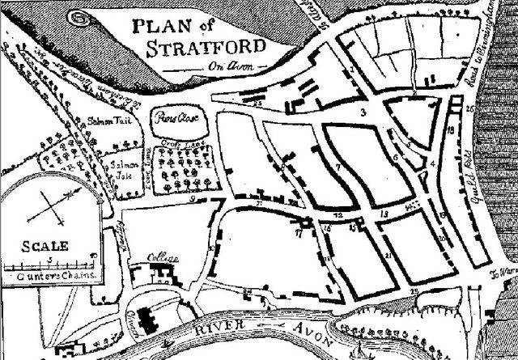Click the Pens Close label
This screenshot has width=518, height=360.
pyautogui.click(x=177, y=116)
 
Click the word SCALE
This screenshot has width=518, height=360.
pyautogui.click(x=43, y=246)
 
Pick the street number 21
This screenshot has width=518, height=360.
pyautogui.click(x=389, y=256)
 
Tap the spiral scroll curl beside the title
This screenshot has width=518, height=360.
pyautogui.click(x=78, y=15)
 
